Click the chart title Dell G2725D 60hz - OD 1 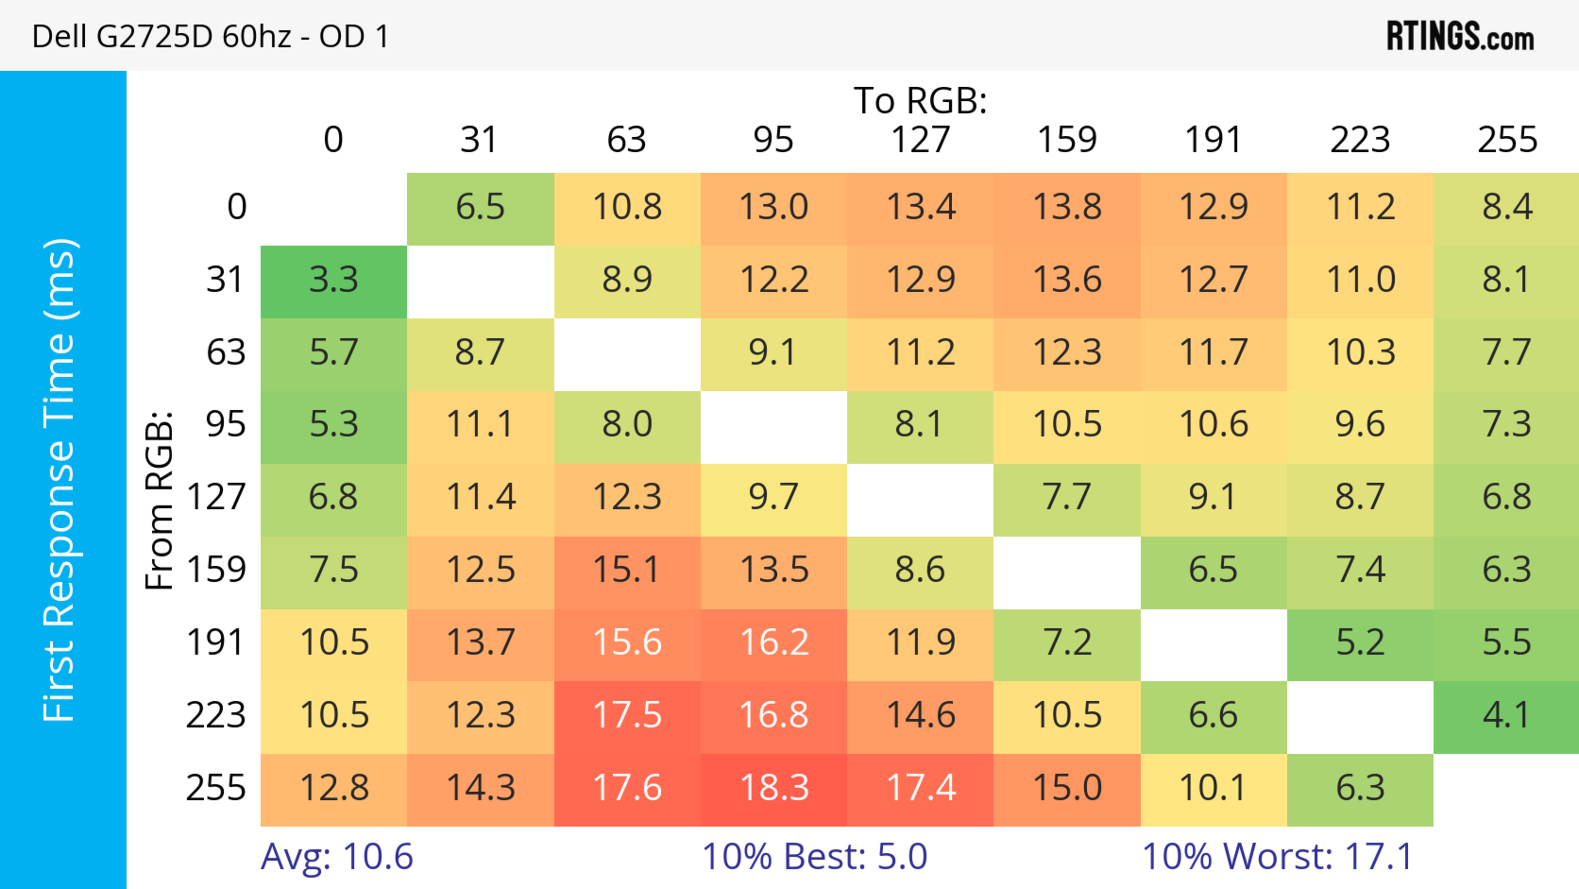[210, 36]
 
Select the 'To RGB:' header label [920, 100]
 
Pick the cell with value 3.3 [333, 280]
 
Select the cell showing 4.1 [1507, 715]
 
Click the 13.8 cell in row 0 [1067, 207]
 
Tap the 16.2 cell [773, 643]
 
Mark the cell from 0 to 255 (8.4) [1507, 207]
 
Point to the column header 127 [920, 140]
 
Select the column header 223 [1360, 140]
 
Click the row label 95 [226, 424]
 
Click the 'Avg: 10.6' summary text [336, 857]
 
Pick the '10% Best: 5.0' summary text [814, 857]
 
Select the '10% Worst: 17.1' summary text [1278, 857]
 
